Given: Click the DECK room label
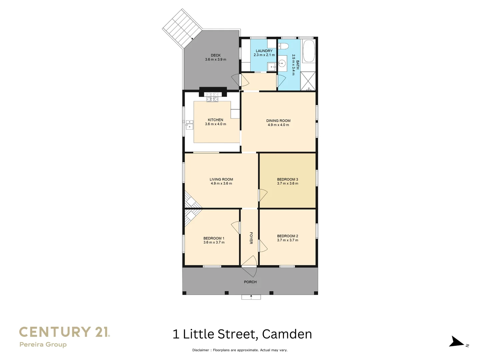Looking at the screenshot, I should click(x=216, y=55).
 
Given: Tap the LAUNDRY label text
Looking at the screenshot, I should click(x=264, y=51).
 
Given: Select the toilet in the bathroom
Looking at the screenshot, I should click(x=283, y=46).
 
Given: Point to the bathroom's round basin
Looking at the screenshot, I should click(x=282, y=63).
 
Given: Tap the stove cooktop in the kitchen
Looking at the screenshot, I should click(x=212, y=97).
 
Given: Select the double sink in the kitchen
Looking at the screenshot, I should click(x=189, y=125).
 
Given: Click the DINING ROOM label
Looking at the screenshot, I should click(x=278, y=121).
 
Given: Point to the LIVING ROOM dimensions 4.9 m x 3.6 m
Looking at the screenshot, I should click(x=221, y=184).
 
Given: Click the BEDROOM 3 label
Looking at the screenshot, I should click(x=287, y=179).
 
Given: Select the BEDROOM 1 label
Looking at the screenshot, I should click(x=214, y=238).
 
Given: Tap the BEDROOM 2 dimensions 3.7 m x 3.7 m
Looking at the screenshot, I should click(x=288, y=240).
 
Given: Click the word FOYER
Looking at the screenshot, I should click(x=251, y=238).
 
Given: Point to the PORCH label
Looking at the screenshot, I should click(x=250, y=282).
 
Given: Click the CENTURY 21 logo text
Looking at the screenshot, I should click(x=64, y=332).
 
